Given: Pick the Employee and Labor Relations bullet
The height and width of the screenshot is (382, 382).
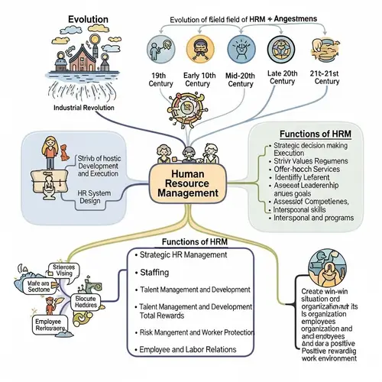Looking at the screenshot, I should tap(188, 348).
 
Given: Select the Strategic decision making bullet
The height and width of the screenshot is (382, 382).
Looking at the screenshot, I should tap(311, 145).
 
